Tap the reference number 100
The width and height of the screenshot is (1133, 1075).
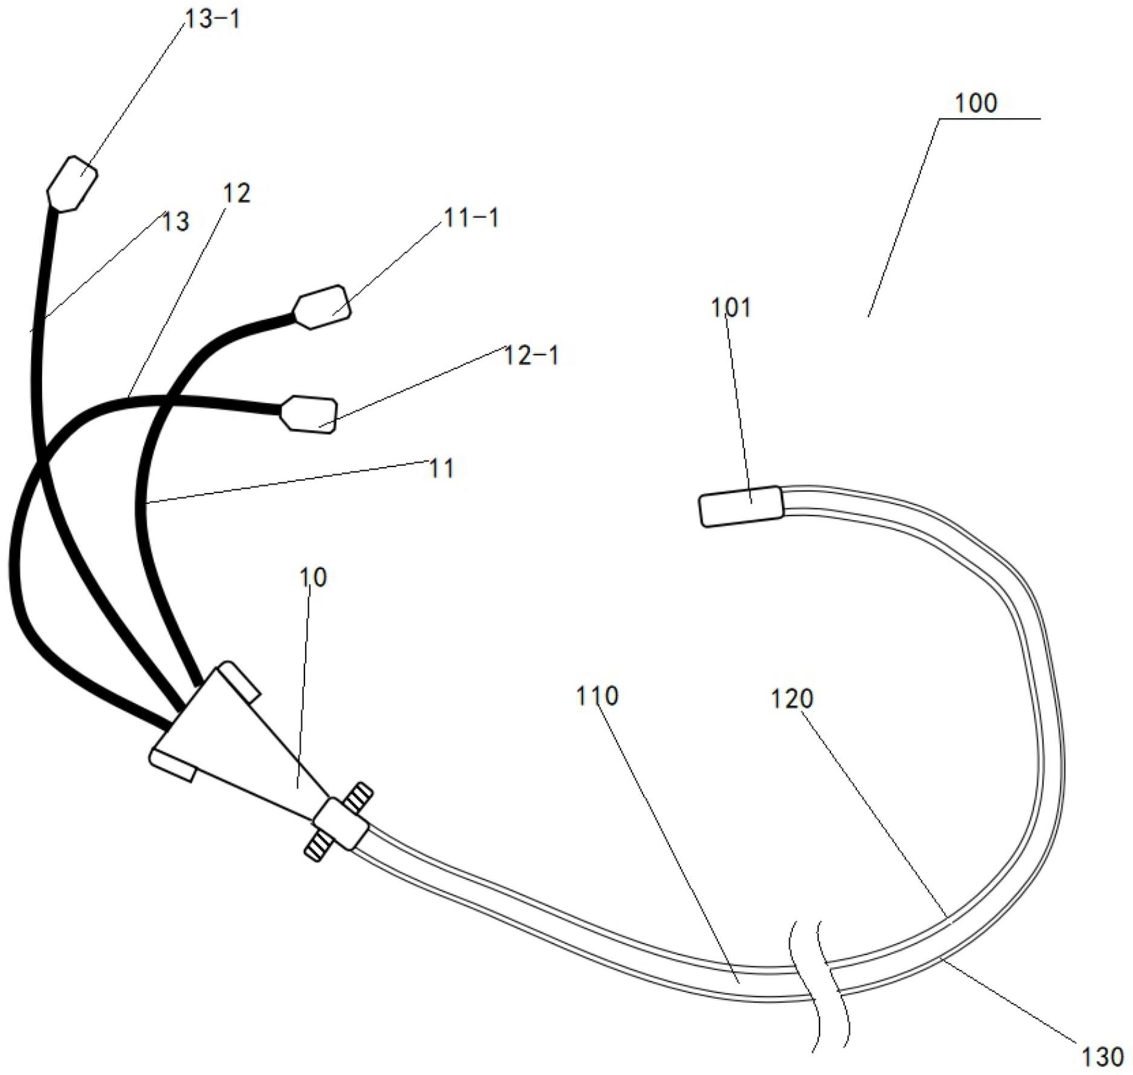point(975,103)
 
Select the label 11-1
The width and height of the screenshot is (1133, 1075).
point(472,217)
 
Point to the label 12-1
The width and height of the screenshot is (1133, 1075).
point(531,355)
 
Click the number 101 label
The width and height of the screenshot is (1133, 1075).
point(730,308)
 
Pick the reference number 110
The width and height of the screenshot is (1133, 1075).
point(597,696)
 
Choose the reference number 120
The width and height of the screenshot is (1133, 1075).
point(792,699)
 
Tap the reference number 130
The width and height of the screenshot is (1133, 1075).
point(1102,1056)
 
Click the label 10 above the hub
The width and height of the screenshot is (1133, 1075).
point(313,577)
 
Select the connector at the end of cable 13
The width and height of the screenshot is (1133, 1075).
point(73,184)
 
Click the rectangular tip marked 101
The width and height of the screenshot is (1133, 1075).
point(741,506)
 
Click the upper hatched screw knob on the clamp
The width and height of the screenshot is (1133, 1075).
point(358,796)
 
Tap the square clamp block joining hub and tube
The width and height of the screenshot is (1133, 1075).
point(340,823)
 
